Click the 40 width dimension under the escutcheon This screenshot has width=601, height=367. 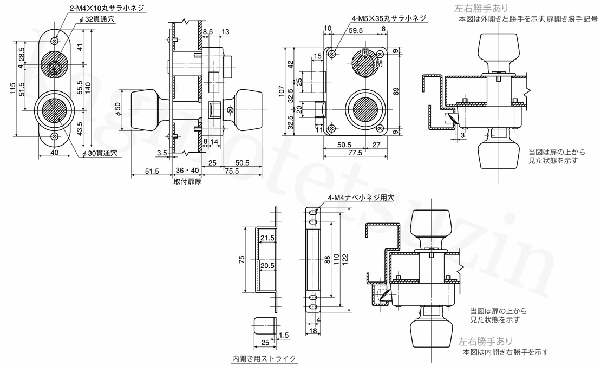click(54, 153)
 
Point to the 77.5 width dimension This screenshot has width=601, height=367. click(355, 153)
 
